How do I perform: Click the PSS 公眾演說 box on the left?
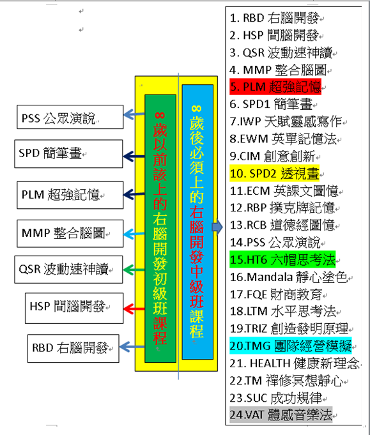[70, 117]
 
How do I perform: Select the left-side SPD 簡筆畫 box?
[68, 154]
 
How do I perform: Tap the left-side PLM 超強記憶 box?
[70, 195]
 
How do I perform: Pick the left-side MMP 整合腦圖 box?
[70, 234]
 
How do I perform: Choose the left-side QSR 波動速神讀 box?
[68, 270]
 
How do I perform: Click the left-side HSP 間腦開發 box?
[74, 308]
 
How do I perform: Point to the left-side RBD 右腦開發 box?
[73, 348]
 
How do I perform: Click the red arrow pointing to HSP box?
[134, 309]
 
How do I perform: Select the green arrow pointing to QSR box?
[134, 270]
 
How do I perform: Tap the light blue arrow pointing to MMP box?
[134, 234]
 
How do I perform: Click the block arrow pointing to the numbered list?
[217, 227]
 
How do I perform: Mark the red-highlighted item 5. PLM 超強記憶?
[275, 87]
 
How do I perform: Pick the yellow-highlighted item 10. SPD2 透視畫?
[275, 173]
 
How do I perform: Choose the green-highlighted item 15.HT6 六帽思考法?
[282, 259]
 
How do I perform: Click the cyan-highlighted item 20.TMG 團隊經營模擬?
[291, 346]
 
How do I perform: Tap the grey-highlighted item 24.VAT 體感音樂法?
[281, 415]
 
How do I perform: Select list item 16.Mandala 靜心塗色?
[289, 277]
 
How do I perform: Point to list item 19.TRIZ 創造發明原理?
[289, 328]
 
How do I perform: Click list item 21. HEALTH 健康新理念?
[295, 363]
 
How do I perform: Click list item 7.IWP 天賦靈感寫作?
[286, 121]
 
